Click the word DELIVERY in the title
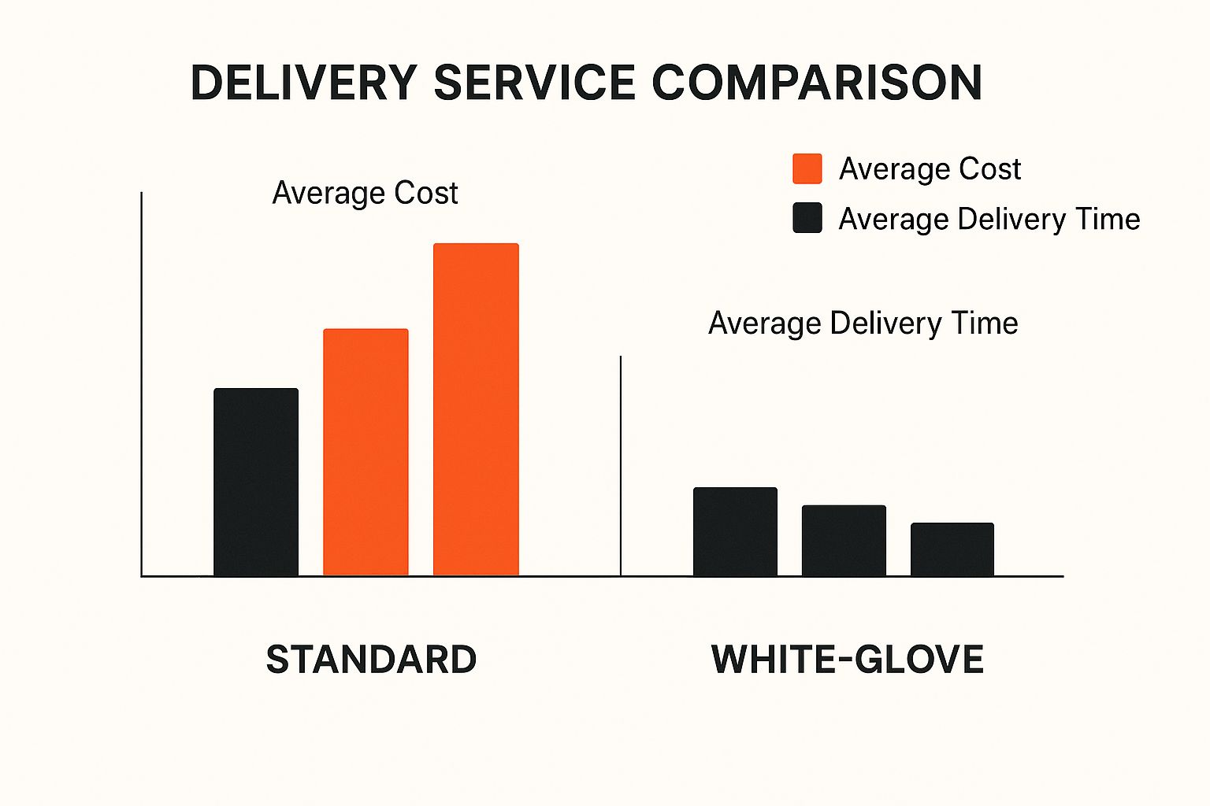(x=303, y=82)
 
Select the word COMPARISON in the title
(x=817, y=82)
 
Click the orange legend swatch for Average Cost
(x=807, y=168)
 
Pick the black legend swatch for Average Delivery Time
(x=807, y=218)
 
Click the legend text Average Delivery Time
(x=989, y=219)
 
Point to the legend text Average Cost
(x=930, y=169)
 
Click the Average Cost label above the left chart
(x=365, y=193)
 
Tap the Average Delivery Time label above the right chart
(x=863, y=324)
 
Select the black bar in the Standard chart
(x=256, y=482)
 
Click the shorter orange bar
(x=366, y=452)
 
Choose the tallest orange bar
(x=476, y=409)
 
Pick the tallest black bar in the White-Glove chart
(x=735, y=531)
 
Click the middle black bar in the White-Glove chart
(x=844, y=540)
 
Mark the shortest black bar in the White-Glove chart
(x=952, y=549)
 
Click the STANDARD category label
(x=371, y=660)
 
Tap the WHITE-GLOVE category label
(x=847, y=660)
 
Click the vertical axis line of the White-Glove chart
(x=621, y=464)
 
